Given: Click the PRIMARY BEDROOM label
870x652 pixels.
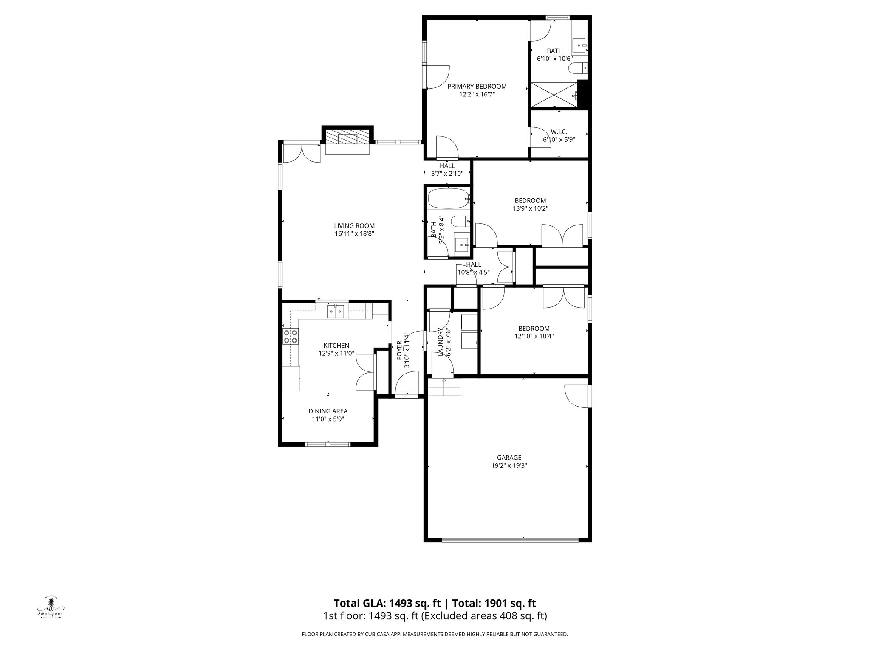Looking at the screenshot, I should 477,87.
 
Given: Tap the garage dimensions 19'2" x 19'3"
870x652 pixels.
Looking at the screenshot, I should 509,465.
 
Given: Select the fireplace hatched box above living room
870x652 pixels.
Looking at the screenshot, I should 347,138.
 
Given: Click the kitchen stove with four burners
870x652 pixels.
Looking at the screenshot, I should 291,337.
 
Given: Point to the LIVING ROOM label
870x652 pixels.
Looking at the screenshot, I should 354,226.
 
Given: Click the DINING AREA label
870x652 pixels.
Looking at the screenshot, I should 328,411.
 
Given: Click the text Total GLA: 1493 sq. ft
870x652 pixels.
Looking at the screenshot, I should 387,603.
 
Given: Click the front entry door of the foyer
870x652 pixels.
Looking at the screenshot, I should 407,384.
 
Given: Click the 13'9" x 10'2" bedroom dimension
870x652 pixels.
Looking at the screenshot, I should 530,208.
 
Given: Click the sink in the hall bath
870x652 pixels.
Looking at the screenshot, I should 461,245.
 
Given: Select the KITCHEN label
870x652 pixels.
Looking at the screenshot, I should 336,346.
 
